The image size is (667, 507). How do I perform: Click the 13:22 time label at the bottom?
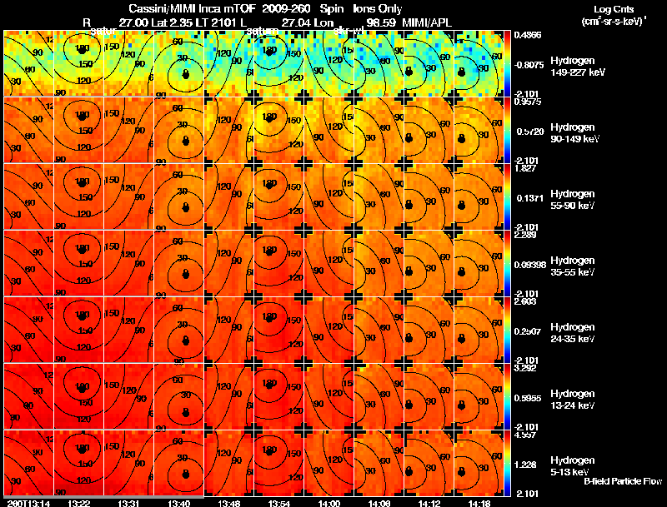pyautogui.click(x=79, y=503)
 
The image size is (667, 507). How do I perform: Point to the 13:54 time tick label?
pyautogui.click(x=279, y=503)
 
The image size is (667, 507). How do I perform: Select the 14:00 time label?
pyautogui.click(x=329, y=503)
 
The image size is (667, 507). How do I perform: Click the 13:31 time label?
pyautogui.click(x=129, y=503)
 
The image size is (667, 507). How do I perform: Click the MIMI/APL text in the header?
pyautogui.click(x=429, y=21)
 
